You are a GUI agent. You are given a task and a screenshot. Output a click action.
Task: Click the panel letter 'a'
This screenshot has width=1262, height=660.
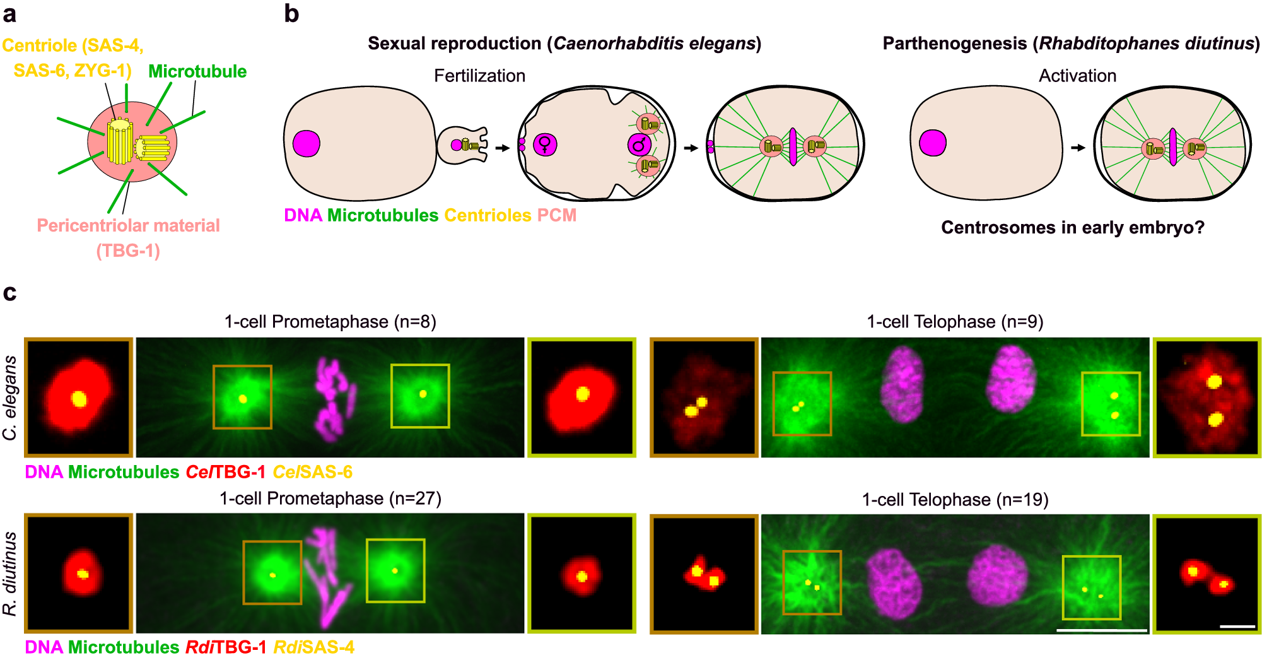pyautogui.click(x=9, y=14)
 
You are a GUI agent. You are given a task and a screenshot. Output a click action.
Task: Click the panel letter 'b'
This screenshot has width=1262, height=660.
pyautogui.click(x=291, y=14)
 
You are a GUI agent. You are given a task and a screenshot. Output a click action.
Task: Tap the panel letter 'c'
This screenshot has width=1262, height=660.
pyautogui.click(x=9, y=293)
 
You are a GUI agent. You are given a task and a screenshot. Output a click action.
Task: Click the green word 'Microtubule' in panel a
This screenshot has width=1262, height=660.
pyautogui.click(x=197, y=72)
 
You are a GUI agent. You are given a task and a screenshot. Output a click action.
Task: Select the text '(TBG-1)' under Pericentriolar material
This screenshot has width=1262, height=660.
pyautogui.click(x=128, y=251)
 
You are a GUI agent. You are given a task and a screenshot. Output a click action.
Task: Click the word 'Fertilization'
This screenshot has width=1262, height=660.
pyautogui.click(x=479, y=76)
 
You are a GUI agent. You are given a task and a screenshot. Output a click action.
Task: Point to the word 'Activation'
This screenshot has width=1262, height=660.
pyautogui.click(x=1077, y=76)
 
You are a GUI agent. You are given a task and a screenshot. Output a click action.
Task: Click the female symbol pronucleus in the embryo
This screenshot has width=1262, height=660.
pyautogui.click(x=545, y=144)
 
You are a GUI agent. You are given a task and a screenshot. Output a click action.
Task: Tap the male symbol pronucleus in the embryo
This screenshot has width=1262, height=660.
pyautogui.click(x=639, y=145)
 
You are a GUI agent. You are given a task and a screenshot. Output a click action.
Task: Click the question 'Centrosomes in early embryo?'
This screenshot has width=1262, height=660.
pyautogui.click(x=1072, y=228)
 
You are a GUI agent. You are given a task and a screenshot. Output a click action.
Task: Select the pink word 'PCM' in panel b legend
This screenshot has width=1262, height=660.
pyautogui.click(x=557, y=216)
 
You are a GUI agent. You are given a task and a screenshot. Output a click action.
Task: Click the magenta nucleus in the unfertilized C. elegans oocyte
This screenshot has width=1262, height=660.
pyautogui.click(x=307, y=143)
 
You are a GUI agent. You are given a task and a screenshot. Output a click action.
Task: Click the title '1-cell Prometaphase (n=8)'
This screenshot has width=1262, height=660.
pyautogui.click(x=330, y=322)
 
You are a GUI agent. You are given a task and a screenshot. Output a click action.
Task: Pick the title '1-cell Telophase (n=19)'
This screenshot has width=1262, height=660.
pyautogui.click(x=955, y=500)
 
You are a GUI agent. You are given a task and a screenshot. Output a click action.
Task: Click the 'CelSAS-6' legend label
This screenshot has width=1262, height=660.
pyautogui.click(x=312, y=472)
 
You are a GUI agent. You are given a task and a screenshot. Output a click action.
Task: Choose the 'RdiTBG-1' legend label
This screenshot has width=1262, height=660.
pyautogui.click(x=226, y=647)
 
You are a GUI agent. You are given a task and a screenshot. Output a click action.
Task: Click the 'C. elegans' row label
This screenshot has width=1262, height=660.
pyautogui.click(x=10, y=398)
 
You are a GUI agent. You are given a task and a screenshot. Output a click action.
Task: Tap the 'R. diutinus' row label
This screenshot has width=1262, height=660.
pyautogui.click(x=10, y=573)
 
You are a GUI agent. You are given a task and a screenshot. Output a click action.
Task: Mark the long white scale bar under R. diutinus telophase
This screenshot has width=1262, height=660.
pyautogui.click(x=1101, y=630)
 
